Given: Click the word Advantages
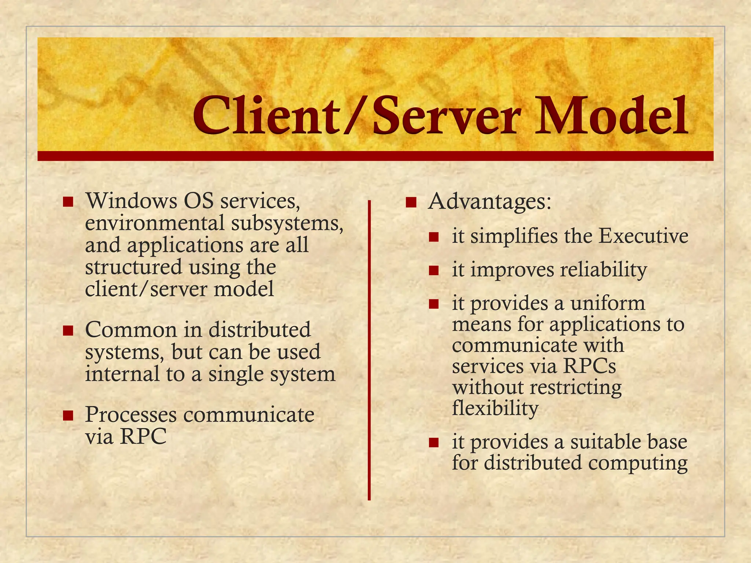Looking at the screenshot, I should [x=490, y=202].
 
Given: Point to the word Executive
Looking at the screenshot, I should [x=643, y=236].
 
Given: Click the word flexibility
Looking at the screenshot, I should [x=495, y=409].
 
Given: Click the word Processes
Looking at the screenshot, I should [x=131, y=415].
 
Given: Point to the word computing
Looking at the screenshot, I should [x=638, y=463].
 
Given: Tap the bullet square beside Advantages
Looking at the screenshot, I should [x=411, y=202].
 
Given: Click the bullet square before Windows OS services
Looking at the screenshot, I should [x=68, y=202].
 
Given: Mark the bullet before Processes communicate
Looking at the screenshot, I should [x=68, y=415].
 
